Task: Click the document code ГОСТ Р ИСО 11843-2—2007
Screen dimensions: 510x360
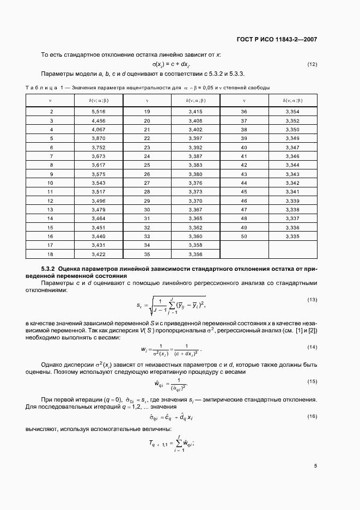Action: click(278, 39)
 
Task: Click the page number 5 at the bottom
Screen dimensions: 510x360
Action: click(315, 465)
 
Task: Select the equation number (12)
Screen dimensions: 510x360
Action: click(312, 65)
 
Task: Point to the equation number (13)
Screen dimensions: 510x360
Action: click(312, 300)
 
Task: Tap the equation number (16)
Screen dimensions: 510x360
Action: click(312, 416)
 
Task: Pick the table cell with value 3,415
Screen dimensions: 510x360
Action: click(195, 111)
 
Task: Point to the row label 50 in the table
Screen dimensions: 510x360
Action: click(244, 236)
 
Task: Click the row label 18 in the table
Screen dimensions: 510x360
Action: click(51, 254)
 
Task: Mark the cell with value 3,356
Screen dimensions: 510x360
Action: click(195, 254)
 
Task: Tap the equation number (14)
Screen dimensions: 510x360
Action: click(312, 347)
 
